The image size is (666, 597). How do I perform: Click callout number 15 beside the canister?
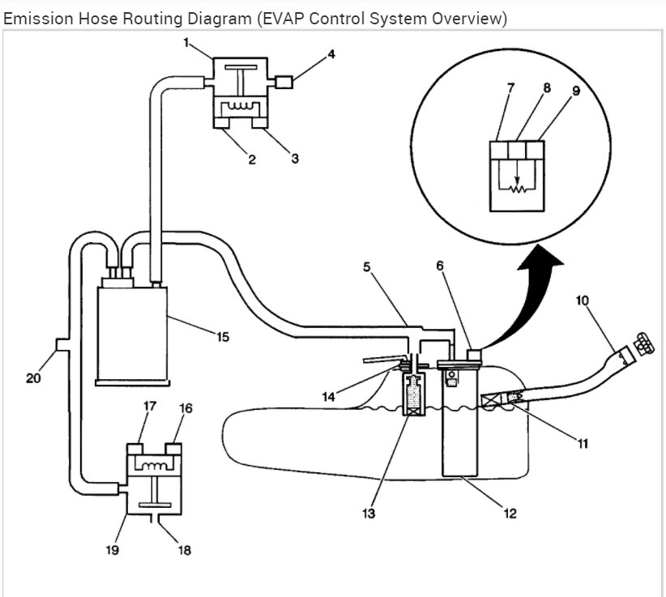(x=223, y=337)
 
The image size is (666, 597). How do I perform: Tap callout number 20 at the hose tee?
(x=33, y=378)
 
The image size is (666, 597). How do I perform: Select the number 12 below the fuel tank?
(x=510, y=514)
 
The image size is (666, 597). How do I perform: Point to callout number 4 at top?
(x=331, y=54)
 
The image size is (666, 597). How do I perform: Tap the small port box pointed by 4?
(x=284, y=82)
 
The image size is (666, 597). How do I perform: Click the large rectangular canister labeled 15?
(x=132, y=335)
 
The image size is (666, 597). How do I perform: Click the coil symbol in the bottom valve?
(x=154, y=466)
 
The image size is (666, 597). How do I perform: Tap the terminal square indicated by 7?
(x=498, y=151)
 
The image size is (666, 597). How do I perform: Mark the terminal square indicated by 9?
(x=536, y=151)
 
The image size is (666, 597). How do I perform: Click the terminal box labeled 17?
(x=134, y=450)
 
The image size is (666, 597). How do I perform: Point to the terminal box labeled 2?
(x=221, y=122)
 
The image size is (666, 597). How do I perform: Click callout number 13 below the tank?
(x=369, y=514)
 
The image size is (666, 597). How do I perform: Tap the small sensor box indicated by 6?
(x=474, y=355)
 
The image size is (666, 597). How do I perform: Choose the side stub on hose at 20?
(x=62, y=344)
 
